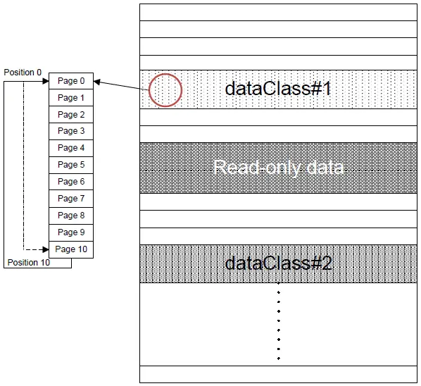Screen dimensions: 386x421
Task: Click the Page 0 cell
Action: (70, 81)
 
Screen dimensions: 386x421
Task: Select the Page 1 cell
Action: (70, 98)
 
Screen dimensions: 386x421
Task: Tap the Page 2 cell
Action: (70, 115)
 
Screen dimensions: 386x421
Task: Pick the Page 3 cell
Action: (70, 131)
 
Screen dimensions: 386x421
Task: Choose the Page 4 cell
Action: (70, 148)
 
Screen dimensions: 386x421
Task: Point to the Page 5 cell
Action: (70, 165)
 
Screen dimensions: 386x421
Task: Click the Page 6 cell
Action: (70, 182)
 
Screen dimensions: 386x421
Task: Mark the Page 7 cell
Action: (70, 199)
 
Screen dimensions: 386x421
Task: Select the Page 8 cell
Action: (70, 216)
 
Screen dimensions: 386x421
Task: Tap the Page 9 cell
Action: (70, 232)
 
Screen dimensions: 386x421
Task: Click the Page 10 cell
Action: (70, 249)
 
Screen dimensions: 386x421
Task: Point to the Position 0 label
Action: (23, 73)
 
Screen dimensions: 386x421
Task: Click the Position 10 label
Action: (27, 263)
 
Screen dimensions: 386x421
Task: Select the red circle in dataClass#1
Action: (165, 90)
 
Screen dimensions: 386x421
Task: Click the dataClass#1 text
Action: (277, 89)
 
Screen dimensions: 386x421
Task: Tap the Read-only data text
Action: (278, 168)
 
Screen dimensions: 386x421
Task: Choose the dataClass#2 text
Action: (278, 263)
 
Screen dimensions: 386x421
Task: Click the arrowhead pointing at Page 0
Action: (97, 82)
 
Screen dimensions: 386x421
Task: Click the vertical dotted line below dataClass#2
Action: (279, 320)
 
